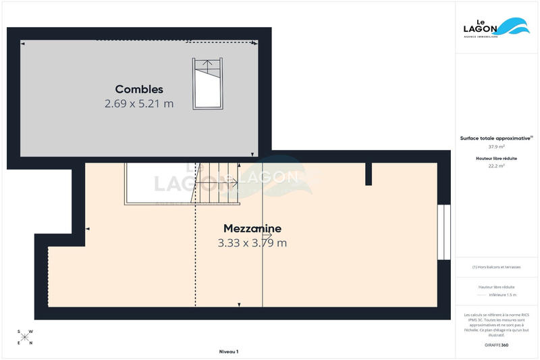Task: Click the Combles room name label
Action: [x=139, y=89]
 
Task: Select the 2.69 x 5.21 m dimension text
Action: [x=139, y=104]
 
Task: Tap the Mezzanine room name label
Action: [x=252, y=228]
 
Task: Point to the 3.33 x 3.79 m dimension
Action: [x=252, y=243]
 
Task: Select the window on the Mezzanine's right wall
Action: [x=443, y=232]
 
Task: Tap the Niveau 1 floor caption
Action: [x=229, y=351]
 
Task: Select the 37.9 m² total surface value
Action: [x=497, y=146]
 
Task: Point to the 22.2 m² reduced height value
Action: [x=497, y=165]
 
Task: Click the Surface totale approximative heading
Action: [x=495, y=138]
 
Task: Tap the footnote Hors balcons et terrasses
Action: [x=497, y=267]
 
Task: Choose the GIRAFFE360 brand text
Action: [x=496, y=345]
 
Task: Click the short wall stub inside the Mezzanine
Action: [x=369, y=174]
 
